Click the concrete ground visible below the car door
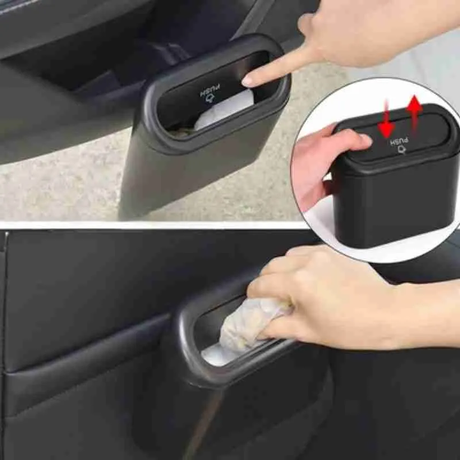point(57,190)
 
